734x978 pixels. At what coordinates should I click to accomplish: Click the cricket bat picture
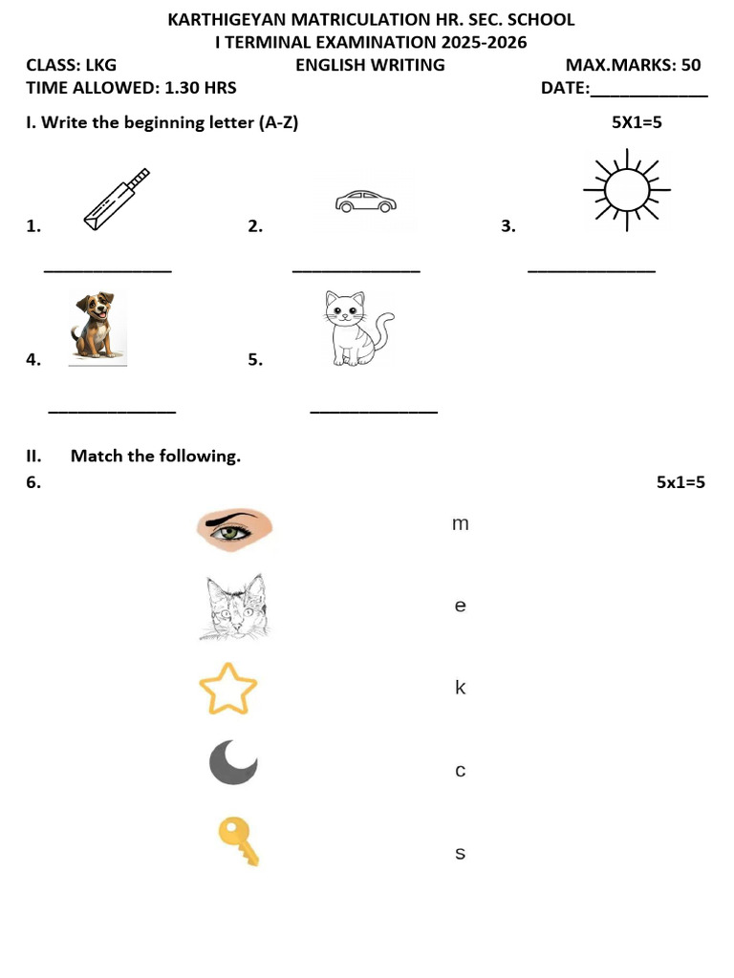(117, 200)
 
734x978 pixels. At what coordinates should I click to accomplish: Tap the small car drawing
(366, 202)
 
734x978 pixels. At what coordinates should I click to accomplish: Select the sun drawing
(627, 190)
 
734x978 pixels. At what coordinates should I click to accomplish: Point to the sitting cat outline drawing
(358, 329)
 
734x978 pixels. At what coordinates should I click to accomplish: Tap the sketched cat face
(235, 606)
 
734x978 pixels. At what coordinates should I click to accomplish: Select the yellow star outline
(227, 689)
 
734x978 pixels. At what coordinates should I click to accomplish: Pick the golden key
(238, 842)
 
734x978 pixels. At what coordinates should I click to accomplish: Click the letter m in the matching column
(460, 524)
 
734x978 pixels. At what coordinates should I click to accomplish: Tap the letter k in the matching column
(460, 688)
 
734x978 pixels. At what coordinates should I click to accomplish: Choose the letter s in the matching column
(460, 853)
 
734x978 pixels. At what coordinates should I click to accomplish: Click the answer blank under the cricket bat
(108, 270)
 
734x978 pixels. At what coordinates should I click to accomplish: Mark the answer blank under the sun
(592, 270)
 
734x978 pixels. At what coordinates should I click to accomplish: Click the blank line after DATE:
(649, 96)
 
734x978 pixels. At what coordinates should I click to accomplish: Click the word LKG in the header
(101, 65)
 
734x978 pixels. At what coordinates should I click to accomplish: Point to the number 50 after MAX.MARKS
(691, 65)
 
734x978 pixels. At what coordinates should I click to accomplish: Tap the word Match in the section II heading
(97, 456)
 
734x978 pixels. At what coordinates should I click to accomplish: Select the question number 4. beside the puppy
(33, 359)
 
